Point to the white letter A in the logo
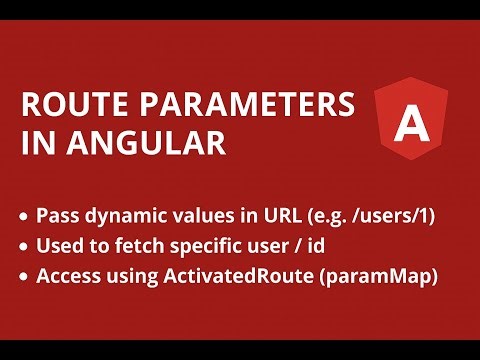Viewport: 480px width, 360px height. pyautogui.click(x=408, y=124)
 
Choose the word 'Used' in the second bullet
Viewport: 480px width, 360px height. pyautogui.click(x=57, y=247)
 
